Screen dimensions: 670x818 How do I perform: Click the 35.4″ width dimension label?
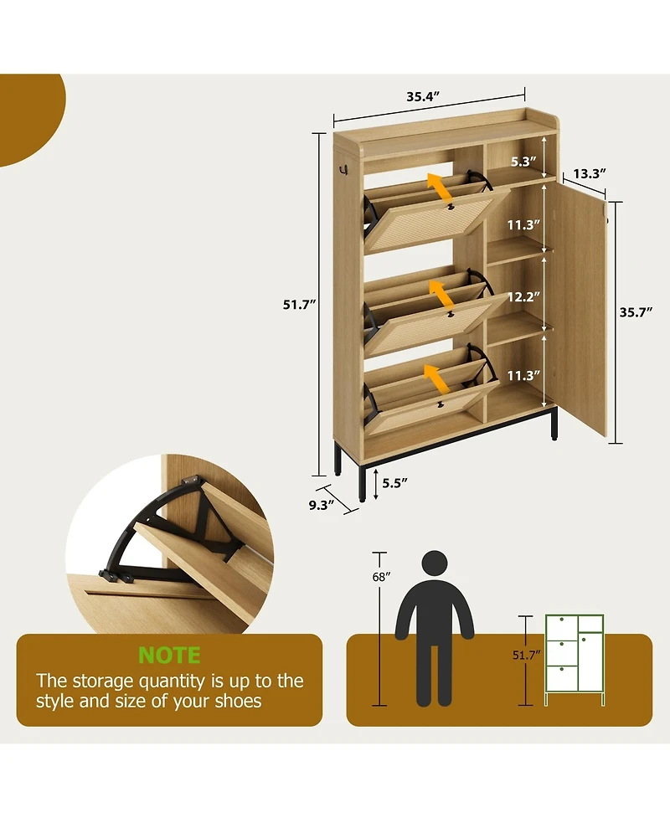(423, 96)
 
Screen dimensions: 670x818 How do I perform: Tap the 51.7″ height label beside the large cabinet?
(300, 305)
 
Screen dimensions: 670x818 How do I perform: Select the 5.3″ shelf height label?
(523, 162)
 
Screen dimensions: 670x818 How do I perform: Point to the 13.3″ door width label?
(590, 173)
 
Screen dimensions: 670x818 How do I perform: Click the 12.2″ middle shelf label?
(524, 296)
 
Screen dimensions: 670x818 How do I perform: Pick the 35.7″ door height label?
(636, 312)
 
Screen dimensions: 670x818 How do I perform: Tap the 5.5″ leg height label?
(394, 483)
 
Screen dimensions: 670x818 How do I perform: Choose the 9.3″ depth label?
(322, 505)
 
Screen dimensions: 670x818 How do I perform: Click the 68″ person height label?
(381, 577)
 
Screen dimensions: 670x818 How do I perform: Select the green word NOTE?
(169, 656)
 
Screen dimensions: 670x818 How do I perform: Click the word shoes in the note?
(238, 701)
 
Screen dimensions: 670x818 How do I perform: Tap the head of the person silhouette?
(435, 564)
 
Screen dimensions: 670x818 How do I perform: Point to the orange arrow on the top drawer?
(441, 188)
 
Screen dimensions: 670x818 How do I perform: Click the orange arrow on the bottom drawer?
(436, 378)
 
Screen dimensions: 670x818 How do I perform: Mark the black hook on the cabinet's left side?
(343, 169)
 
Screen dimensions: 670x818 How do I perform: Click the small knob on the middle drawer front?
(449, 315)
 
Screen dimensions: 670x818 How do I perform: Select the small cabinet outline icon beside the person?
(575, 660)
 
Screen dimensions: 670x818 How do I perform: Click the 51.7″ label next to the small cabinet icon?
(527, 656)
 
